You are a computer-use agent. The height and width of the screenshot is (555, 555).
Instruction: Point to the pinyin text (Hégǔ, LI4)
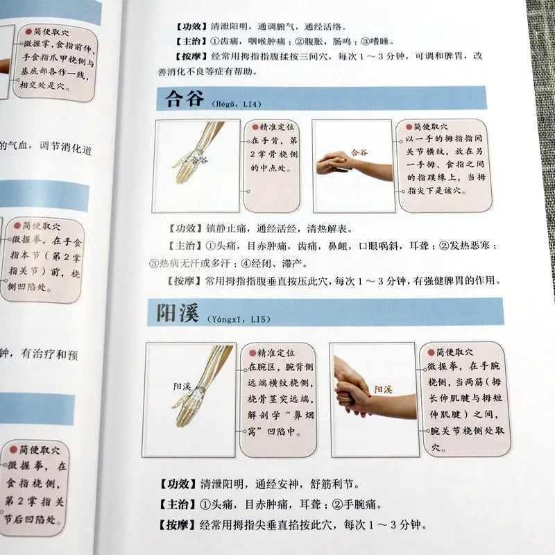232,103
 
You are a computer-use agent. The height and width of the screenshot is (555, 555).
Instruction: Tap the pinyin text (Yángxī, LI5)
237,319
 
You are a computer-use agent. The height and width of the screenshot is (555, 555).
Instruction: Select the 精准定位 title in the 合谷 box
277,128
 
